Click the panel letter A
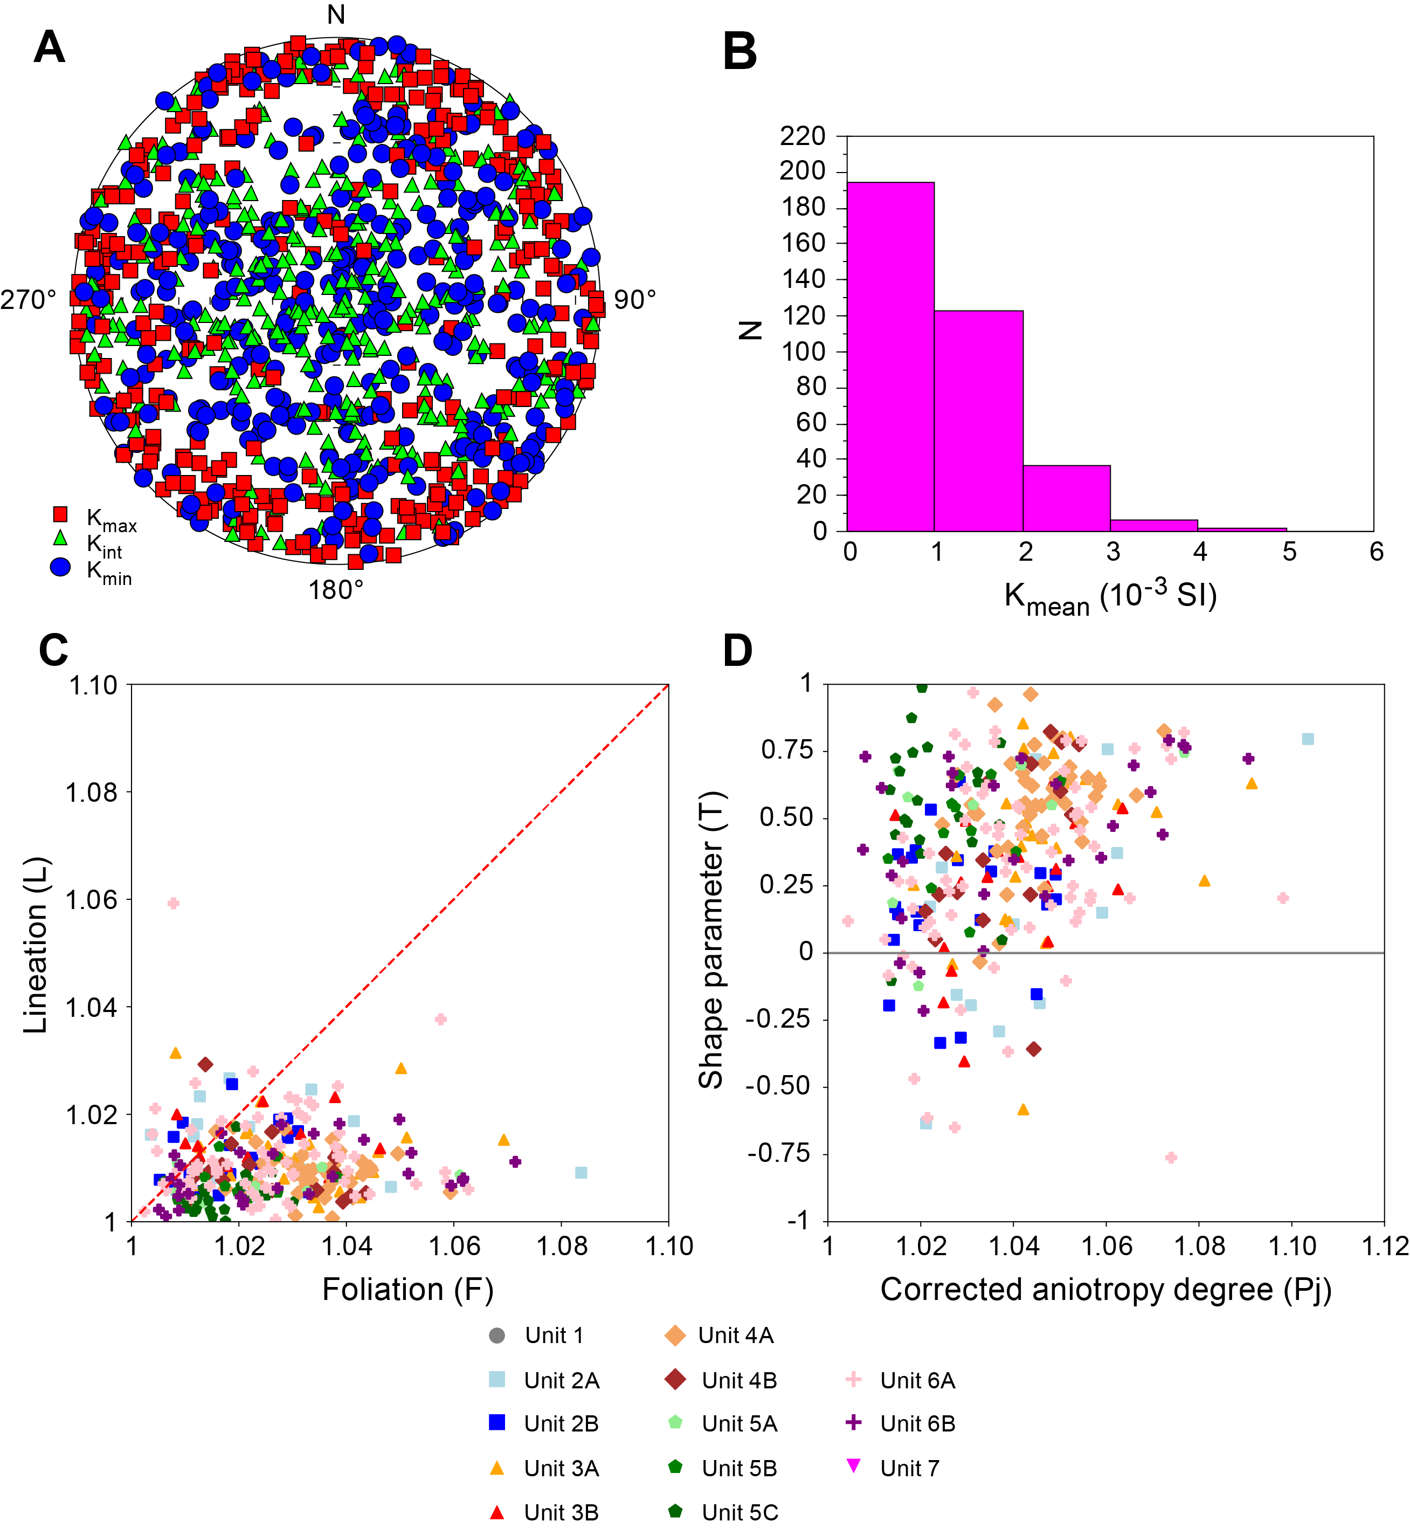tap(50, 47)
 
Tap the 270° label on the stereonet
tap(28, 300)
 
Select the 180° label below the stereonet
tap(336, 590)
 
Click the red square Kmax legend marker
tap(60, 514)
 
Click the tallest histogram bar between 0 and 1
tap(890, 356)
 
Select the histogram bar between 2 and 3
tap(1066, 498)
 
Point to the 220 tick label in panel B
tap(803, 136)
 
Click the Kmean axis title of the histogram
tap(1110, 597)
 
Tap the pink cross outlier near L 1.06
tap(173, 904)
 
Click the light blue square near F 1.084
tap(580, 1172)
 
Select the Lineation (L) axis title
tap(36, 946)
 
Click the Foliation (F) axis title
tap(407, 1289)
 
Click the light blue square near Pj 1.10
tap(1308, 739)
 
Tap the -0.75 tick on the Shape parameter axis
tap(779, 1153)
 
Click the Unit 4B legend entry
tap(721, 1380)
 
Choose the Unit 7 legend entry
tap(893, 1468)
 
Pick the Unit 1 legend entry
tap(537, 1335)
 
